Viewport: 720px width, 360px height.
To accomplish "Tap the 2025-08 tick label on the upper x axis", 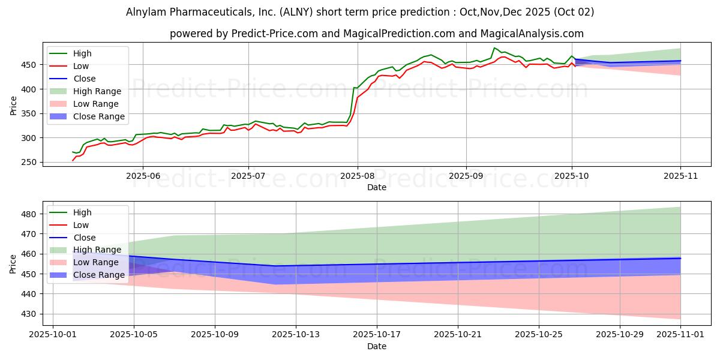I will point(358,176).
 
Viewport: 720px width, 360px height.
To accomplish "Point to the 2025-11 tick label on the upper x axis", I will point(680,176).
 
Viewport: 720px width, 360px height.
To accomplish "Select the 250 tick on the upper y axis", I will point(35,163).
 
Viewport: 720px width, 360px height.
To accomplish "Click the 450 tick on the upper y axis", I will point(35,65).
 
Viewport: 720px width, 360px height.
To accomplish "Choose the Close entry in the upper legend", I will point(85,79).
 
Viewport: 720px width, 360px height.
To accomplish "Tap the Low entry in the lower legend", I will point(80,225).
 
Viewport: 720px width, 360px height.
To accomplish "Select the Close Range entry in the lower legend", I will point(99,275).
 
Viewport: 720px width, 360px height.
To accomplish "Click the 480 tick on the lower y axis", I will point(35,214).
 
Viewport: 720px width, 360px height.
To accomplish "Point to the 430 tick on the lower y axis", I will point(35,314).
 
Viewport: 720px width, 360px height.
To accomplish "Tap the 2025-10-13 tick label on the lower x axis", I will point(296,335).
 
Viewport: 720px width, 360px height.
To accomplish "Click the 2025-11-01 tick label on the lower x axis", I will point(680,335).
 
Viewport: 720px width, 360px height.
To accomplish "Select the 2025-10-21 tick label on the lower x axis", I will point(458,335).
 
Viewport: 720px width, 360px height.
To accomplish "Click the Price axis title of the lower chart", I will point(14,263).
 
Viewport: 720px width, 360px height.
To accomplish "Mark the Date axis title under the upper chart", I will point(376,187).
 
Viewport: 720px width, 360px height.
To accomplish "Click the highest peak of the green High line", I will point(494,48).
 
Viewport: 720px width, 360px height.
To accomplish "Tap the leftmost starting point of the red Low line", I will point(73,160).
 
